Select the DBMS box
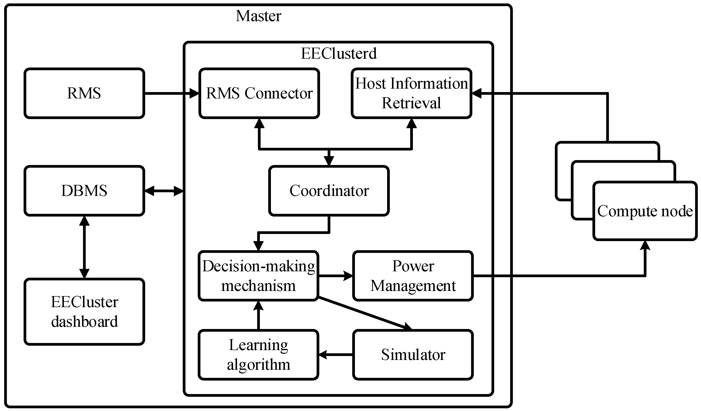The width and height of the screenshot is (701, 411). coord(84,191)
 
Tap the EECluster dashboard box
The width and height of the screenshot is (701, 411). coord(84,312)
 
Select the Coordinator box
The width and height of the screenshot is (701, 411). coord(329,191)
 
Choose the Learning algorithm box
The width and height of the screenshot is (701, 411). coord(258,355)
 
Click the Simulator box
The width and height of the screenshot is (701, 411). coord(413,355)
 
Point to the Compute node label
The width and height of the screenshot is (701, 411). coord(645,211)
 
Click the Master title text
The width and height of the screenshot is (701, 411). coord(258,16)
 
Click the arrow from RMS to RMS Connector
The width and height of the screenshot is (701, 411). coord(170,94)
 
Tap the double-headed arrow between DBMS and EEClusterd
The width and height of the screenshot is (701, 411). coord(164,191)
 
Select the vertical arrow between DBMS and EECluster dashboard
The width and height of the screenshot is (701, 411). coord(84,247)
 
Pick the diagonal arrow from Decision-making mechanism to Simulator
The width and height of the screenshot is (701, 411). coord(365,314)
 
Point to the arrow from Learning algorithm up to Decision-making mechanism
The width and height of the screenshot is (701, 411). coord(258,316)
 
